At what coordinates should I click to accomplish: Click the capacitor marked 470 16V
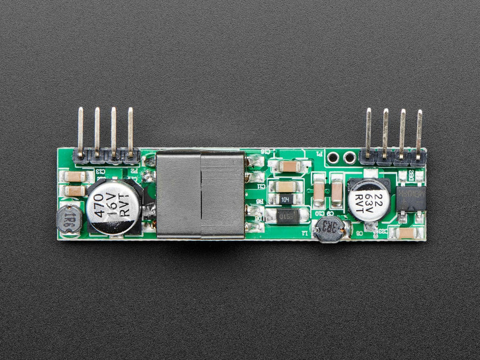coord(113,207)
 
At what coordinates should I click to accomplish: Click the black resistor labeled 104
coord(285,199)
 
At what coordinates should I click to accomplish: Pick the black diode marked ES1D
coord(288,216)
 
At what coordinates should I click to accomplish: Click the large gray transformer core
coord(201,195)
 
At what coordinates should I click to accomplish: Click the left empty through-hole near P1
coord(333,157)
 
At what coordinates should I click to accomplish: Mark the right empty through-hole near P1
coord(349,157)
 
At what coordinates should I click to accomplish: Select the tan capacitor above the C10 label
coord(319,192)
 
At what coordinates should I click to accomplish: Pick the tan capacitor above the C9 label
coord(337,193)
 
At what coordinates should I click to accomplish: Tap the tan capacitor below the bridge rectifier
coord(408,233)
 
